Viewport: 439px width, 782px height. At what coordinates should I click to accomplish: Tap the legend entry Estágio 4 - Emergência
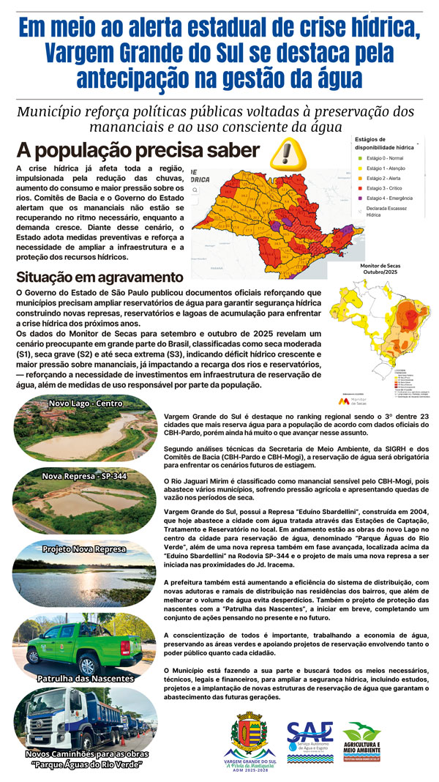click(x=390, y=198)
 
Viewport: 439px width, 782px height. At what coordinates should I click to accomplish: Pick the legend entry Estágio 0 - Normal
click(x=384, y=157)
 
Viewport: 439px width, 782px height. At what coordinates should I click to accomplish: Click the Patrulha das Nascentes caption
click(x=86, y=678)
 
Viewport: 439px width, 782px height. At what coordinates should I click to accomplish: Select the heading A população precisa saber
click(x=138, y=151)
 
